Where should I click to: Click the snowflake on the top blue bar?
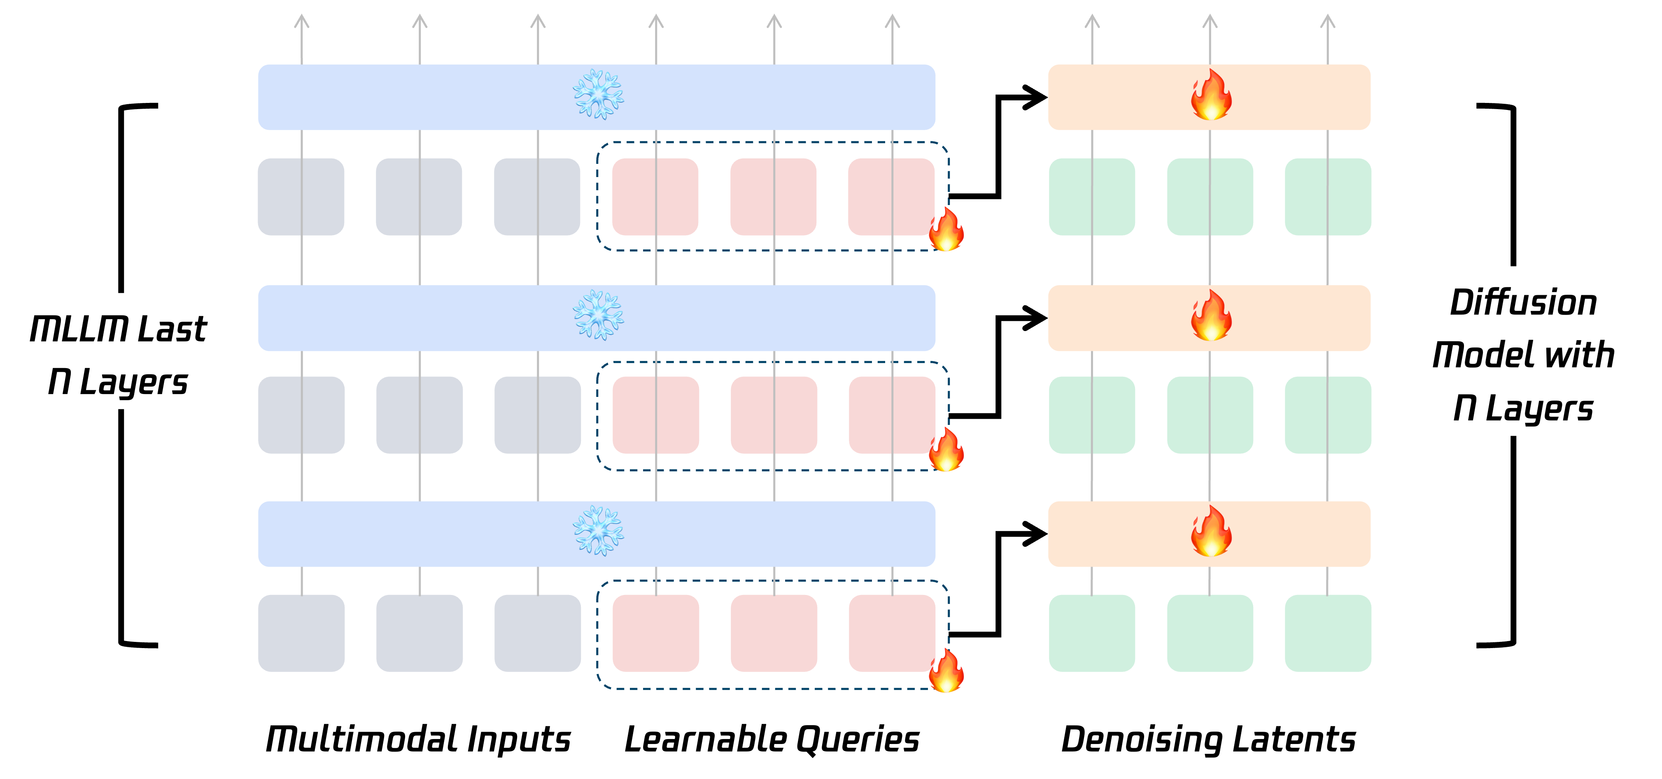coord(598,96)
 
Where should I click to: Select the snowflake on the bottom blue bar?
coord(598,531)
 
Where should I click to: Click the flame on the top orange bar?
coord(1210,96)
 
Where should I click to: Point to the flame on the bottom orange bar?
coord(1210,531)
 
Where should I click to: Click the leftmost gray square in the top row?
coord(301,196)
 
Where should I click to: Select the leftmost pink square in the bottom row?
coord(655,633)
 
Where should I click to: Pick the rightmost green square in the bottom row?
coord(1328,633)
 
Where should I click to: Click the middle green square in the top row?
coord(1210,196)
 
